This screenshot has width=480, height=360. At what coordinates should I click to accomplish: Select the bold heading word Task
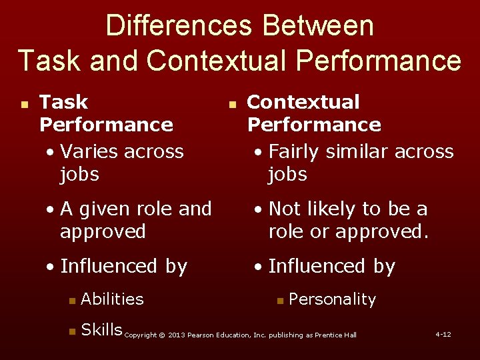point(64,102)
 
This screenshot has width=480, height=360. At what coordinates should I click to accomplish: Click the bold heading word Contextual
point(303,102)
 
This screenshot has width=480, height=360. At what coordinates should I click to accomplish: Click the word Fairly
point(294,151)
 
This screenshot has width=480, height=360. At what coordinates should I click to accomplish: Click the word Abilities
point(112,299)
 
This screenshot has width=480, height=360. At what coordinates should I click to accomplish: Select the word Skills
point(101,329)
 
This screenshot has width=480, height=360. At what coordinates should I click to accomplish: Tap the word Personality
point(332,299)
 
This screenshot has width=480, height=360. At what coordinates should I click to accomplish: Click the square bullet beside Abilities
point(71,301)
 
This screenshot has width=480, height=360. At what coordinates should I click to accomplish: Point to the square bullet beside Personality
point(280,301)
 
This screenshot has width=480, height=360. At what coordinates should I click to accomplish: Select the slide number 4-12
point(443,333)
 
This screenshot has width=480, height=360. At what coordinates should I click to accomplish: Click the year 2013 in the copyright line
point(178,335)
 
